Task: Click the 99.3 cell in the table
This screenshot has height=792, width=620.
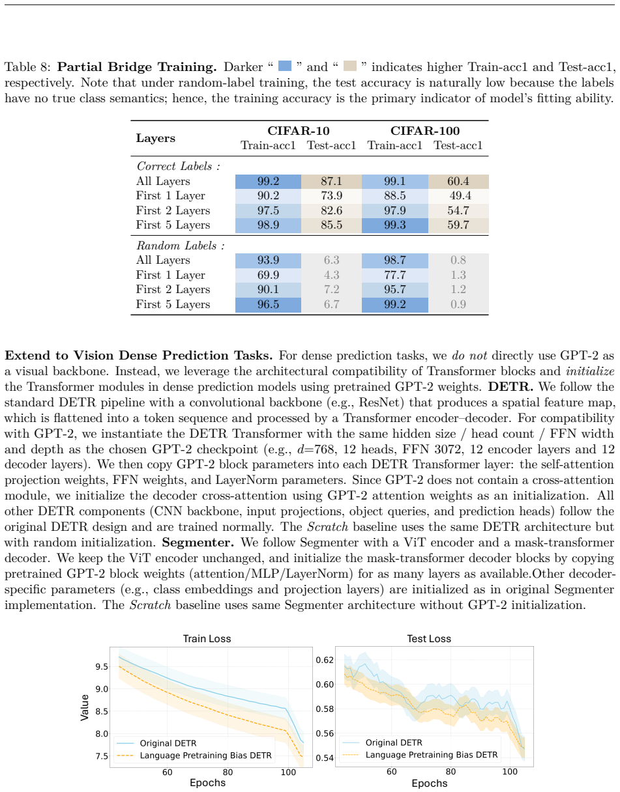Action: click(x=394, y=225)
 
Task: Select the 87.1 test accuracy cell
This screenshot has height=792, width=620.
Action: click(x=331, y=181)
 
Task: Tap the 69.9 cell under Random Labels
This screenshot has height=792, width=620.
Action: click(x=268, y=275)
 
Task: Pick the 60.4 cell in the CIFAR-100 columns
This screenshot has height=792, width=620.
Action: click(x=458, y=181)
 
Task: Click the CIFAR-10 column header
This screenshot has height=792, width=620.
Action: click(x=299, y=130)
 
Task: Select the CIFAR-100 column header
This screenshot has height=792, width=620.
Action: click(x=425, y=130)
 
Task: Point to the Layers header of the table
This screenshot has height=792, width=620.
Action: click(x=155, y=138)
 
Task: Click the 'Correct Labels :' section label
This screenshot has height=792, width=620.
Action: click(x=179, y=166)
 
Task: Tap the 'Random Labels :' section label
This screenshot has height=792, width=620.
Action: click(x=181, y=246)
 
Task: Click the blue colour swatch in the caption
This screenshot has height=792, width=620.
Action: click(x=285, y=66)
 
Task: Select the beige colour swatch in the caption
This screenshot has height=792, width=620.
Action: click(x=349, y=66)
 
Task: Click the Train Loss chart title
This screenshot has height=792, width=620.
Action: click(x=207, y=638)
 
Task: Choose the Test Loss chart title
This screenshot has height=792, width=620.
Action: click(x=429, y=638)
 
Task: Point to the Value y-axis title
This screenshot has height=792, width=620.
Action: click(x=85, y=707)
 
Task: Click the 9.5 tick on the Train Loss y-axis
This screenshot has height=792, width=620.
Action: click(x=102, y=666)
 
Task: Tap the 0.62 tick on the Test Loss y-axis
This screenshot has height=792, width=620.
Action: click(x=325, y=660)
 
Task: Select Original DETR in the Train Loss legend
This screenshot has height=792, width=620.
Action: click(x=168, y=743)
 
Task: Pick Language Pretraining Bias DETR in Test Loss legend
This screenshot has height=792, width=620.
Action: click(x=432, y=755)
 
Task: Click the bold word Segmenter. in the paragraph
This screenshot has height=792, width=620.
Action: click(x=198, y=543)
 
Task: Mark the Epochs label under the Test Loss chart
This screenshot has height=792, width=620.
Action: click(x=429, y=784)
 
